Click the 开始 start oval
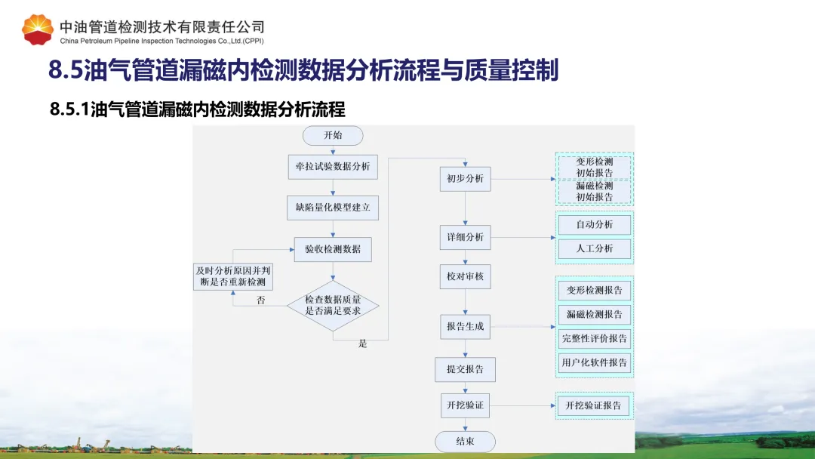[333, 135]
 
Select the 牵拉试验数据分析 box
[333, 166]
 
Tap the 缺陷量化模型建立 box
[333, 207]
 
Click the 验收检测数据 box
[333, 249]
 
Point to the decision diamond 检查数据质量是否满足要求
[333, 305]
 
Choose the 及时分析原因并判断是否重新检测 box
[233, 276]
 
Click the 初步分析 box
[465, 179]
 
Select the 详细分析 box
[465, 237]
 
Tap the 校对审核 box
[465, 276]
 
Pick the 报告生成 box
[465, 327]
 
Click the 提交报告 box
[465, 369]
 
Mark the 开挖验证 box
[465, 405]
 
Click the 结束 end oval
[465, 442]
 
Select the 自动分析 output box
[595, 224]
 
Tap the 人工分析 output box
[595, 248]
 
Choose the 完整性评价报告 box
[595, 338]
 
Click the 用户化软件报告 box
[595, 363]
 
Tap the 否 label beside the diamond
[261, 300]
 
